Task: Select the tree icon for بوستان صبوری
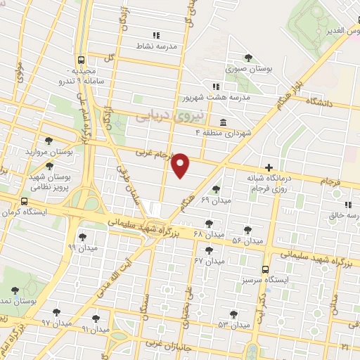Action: [247, 58]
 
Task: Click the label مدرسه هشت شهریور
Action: [213, 98]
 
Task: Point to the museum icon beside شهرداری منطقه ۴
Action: [224, 121]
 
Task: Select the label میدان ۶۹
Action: [215, 201]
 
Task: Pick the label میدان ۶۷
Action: [209, 261]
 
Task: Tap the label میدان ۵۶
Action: [247, 241]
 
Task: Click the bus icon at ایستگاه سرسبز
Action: [265, 269]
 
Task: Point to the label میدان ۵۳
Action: [233, 325]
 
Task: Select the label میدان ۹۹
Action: [82, 248]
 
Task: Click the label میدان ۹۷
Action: [56, 323]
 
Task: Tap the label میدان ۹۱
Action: [96, 328]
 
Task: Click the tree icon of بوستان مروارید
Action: [49, 141]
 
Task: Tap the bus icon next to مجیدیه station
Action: [82, 60]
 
